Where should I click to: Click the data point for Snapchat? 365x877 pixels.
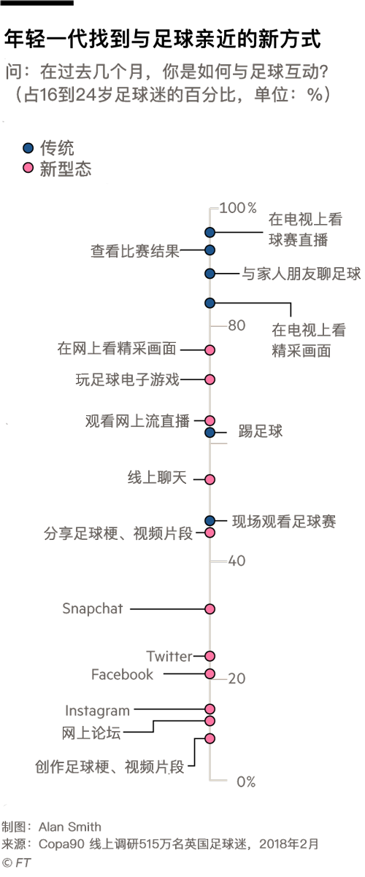[210, 609]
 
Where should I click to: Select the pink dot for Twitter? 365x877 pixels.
[210, 656]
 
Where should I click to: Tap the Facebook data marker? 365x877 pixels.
[210, 673]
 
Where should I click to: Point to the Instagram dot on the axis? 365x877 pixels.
[210, 708]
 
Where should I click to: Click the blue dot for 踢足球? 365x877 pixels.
[210, 432]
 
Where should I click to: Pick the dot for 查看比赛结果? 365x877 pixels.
[210, 250]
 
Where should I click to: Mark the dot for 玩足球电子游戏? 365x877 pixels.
[210, 379]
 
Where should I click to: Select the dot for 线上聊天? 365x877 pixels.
[210, 479]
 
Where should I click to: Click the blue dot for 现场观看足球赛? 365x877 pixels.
[210, 520]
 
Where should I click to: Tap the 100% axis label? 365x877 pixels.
[238, 208]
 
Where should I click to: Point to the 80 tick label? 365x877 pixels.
[237, 325]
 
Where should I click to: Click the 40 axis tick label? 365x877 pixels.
[237, 560]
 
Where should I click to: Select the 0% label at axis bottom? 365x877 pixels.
[246, 782]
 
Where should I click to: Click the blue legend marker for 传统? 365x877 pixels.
[28, 147]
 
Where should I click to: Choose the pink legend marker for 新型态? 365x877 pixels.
[28, 168]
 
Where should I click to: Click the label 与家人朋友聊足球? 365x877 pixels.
[301, 274]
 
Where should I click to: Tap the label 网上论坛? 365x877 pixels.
[91, 733]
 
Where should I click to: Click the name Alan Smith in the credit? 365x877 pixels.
[69, 827]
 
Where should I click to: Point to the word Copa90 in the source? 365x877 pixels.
[61, 844]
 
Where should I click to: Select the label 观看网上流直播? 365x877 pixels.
[137, 421]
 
